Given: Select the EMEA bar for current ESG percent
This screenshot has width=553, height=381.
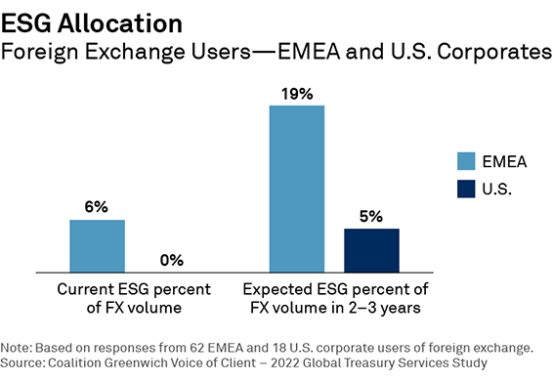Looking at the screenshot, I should (x=97, y=245).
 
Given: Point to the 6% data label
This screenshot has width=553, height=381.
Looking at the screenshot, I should (x=96, y=207).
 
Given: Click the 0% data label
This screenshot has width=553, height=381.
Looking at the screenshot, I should (x=171, y=260).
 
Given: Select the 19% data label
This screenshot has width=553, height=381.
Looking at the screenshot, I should (x=297, y=94).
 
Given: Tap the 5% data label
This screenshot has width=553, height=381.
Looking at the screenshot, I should (x=371, y=216).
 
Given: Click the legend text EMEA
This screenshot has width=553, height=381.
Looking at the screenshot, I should (x=514, y=159).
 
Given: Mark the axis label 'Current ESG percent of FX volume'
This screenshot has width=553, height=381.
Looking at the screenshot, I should (x=134, y=298).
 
